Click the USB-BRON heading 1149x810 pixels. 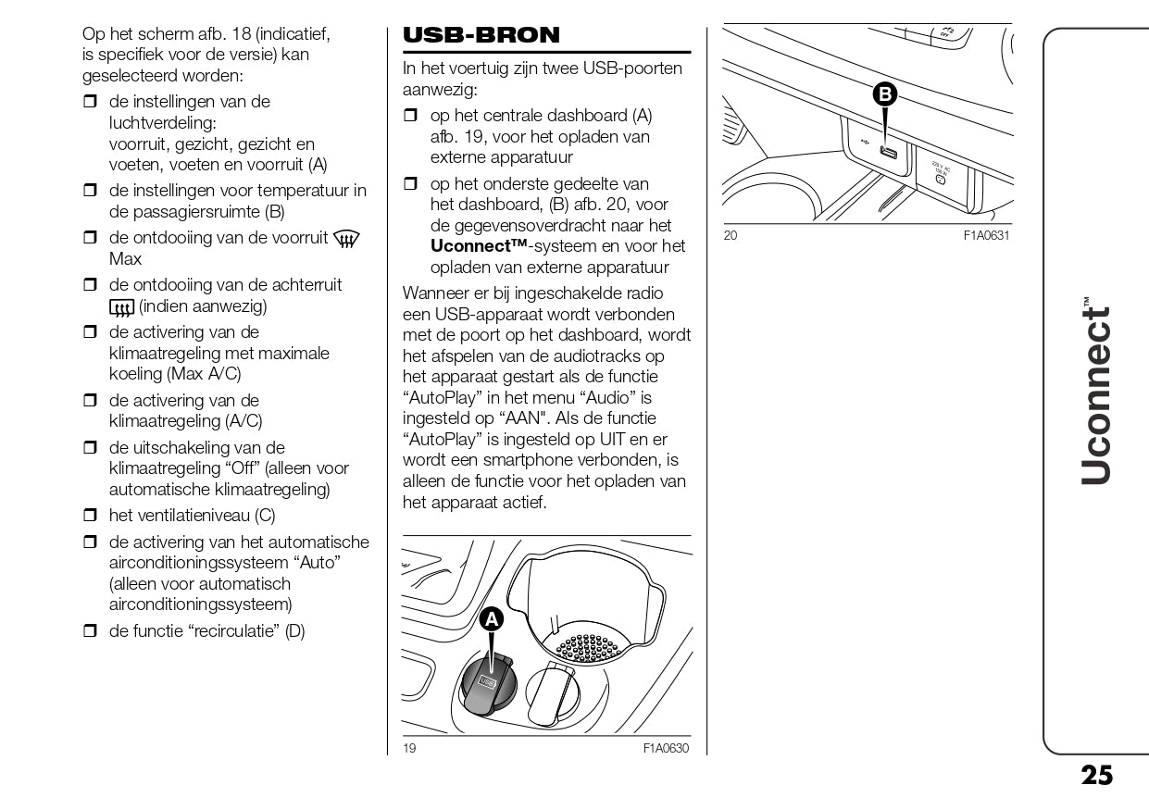pos(481,35)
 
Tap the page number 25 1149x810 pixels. pos(1097,776)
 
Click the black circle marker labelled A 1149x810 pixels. pos(491,620)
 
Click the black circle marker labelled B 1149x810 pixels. pos(885,93)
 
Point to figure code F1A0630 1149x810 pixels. pos(666,749)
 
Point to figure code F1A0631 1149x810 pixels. pos(986,236)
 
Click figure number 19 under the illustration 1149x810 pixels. pos(409,749)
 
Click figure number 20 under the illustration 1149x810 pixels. pos(731,236)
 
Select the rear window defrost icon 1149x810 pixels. pos(121,306)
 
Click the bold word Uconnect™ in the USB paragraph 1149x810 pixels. pos(479,246)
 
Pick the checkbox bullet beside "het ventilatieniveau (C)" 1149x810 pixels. pos(90,516)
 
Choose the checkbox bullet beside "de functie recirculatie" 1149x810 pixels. pos(90,632)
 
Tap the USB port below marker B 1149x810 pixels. pos(889,154)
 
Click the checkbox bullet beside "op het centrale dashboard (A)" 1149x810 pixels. pos(411,117)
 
